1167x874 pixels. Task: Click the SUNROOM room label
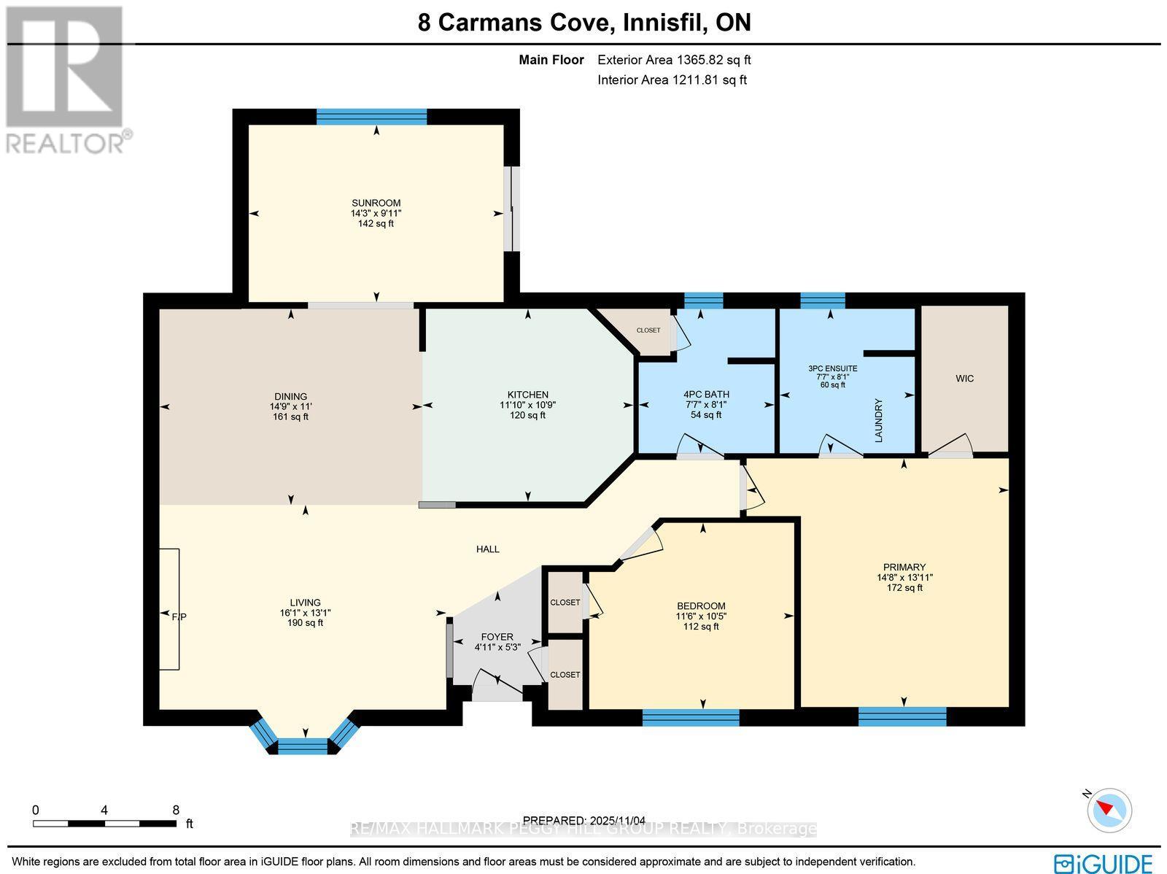[x=376, y=203]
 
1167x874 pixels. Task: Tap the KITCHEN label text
[x=528, y=395]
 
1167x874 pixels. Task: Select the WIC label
[x=964, y=379]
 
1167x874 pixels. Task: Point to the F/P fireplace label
[x=179, y=617]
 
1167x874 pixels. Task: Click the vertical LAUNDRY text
[x=879, y=420]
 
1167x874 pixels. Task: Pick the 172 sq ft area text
[x=904, y=587]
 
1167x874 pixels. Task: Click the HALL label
[x=488, y=549]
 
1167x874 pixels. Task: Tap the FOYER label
[x=497, y=637]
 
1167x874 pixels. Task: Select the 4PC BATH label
[x=706, y=395]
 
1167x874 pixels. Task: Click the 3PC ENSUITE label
[x=832, y=368]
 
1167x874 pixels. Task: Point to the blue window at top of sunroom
[x=371, y=117]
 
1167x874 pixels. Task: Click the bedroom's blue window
[x=691, y=718]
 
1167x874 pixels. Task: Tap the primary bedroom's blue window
[x=902, y=717]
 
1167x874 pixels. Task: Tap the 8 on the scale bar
[x=175, y=810]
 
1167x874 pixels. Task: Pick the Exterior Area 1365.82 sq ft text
[x=674, y=61]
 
